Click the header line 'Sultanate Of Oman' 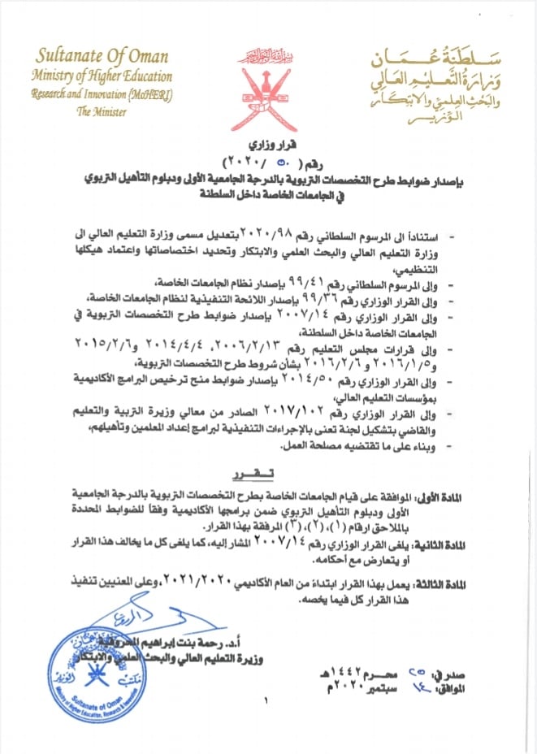102,56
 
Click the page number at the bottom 266,700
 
